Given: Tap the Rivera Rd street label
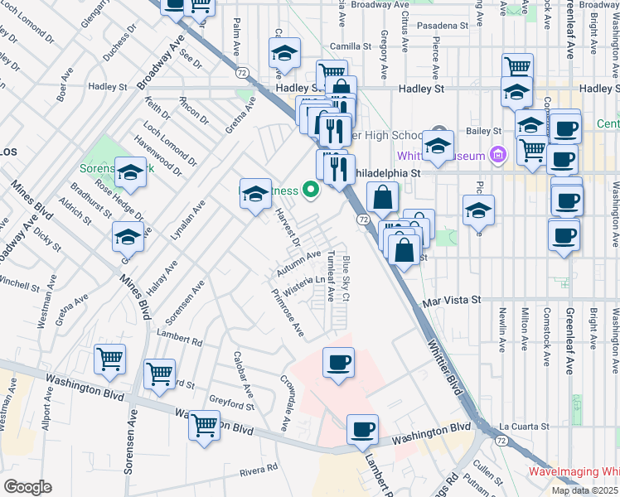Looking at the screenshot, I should click(258, 470).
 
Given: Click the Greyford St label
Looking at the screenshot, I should click(231, 405).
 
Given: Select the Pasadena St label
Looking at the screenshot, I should click(443, 26).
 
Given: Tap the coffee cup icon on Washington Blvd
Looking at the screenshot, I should click(362, 430).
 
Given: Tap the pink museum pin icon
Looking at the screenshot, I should click(497, 154).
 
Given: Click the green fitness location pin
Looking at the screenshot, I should click(312, 191).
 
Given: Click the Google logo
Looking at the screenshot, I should click(27, 487).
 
